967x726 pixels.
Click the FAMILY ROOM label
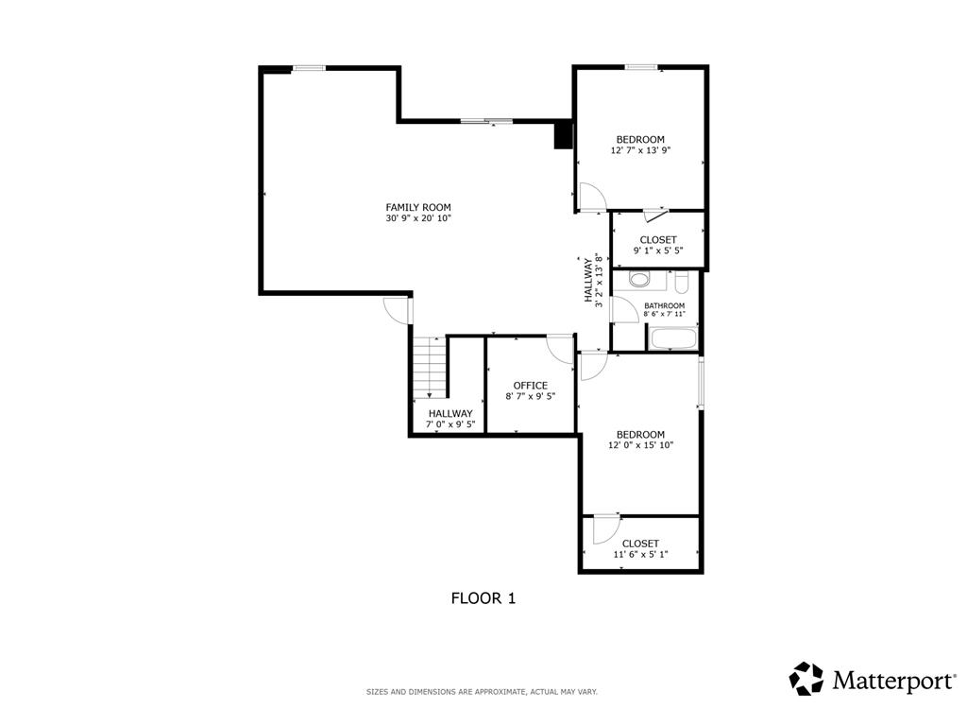(x=418, y=207)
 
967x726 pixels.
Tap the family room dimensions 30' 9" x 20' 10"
(x=418, y=218)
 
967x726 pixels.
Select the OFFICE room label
(x=531, y=386)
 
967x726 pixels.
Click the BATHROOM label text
(x=664, y=305)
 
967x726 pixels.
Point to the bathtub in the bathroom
(x=673, y=339)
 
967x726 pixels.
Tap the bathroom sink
(x=639, y=280)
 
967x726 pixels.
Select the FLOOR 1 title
(x=483, y=598)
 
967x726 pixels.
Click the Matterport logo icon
(x=806, y=679)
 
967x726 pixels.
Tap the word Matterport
(x=893, y=681)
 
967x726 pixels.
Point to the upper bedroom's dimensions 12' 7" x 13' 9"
(x=640, y=150)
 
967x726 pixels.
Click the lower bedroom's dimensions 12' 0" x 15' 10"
(x=640, y=445)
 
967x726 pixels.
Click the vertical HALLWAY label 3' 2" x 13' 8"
(x=593, y=280)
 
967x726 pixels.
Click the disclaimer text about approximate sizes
(x=482, y=692)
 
